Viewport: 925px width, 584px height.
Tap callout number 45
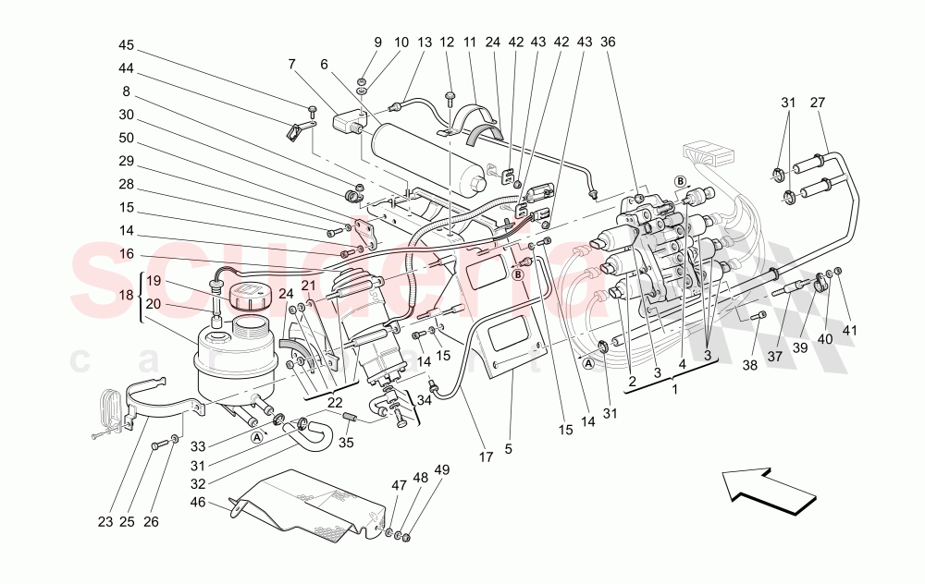point(126,44)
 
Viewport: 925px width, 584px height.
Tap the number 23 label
point(105,521)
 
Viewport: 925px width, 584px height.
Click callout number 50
point(126,139)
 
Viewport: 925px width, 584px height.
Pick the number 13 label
point(424,43)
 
